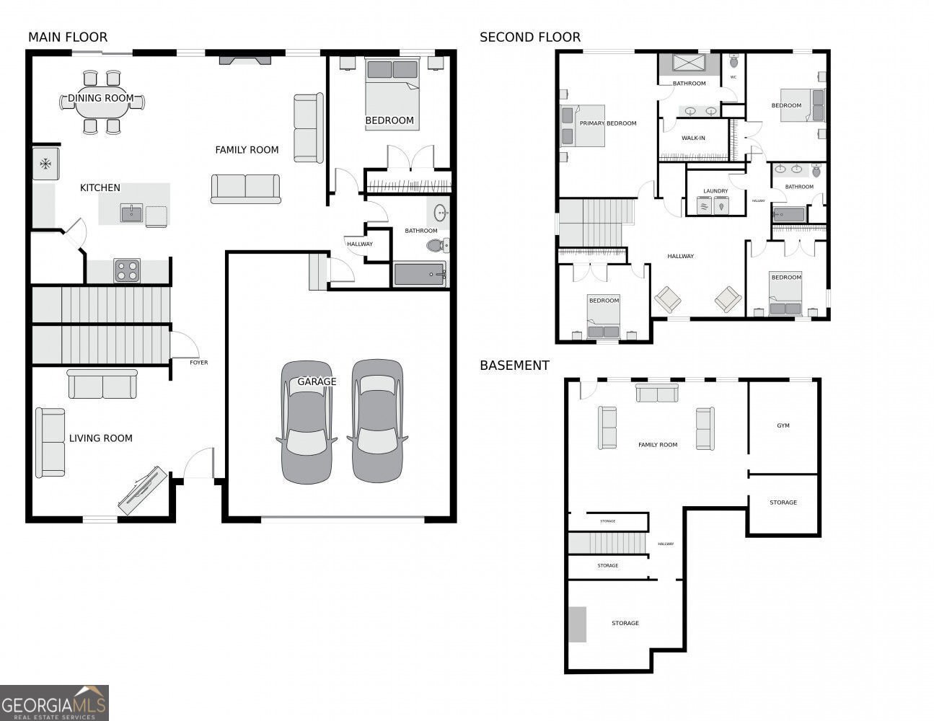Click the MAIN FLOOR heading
pos(68,37)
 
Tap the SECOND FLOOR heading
pos(530,37)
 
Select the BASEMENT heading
pos(514,366)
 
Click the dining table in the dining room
pos(102,102)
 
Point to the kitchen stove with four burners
pos(127,270)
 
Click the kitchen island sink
pos(131,213)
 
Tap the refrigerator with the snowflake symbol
pos(46,164)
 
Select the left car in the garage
pos(307,422)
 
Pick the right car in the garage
pos(377,421)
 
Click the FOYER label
pos(198,363)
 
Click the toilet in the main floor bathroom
pos(438,245)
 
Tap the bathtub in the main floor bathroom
pos(420,274)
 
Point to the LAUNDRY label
pos(715,191)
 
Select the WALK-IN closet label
pos(693,138)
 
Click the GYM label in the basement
pos(783,425)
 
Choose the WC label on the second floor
pos(733,77)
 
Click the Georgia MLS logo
pos(54,703)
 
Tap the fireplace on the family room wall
pos(245,59)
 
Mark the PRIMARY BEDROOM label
pos(608,123)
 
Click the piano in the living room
pos(143,490)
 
